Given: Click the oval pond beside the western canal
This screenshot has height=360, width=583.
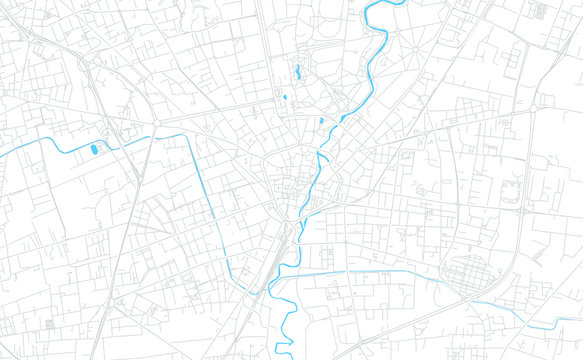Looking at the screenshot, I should pos(95,150).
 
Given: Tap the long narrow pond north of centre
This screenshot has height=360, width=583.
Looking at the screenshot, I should pos(296,72).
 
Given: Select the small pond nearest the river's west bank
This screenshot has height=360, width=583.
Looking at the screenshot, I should pos(320,122).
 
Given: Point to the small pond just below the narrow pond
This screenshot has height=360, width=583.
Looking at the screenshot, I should pos(285,97).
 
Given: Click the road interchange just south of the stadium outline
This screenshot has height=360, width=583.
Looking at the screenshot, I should pos(526,211).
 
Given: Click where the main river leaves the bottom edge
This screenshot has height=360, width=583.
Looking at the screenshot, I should pos(291,357).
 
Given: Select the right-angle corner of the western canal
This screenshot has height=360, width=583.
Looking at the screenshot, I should pos(193,136).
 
